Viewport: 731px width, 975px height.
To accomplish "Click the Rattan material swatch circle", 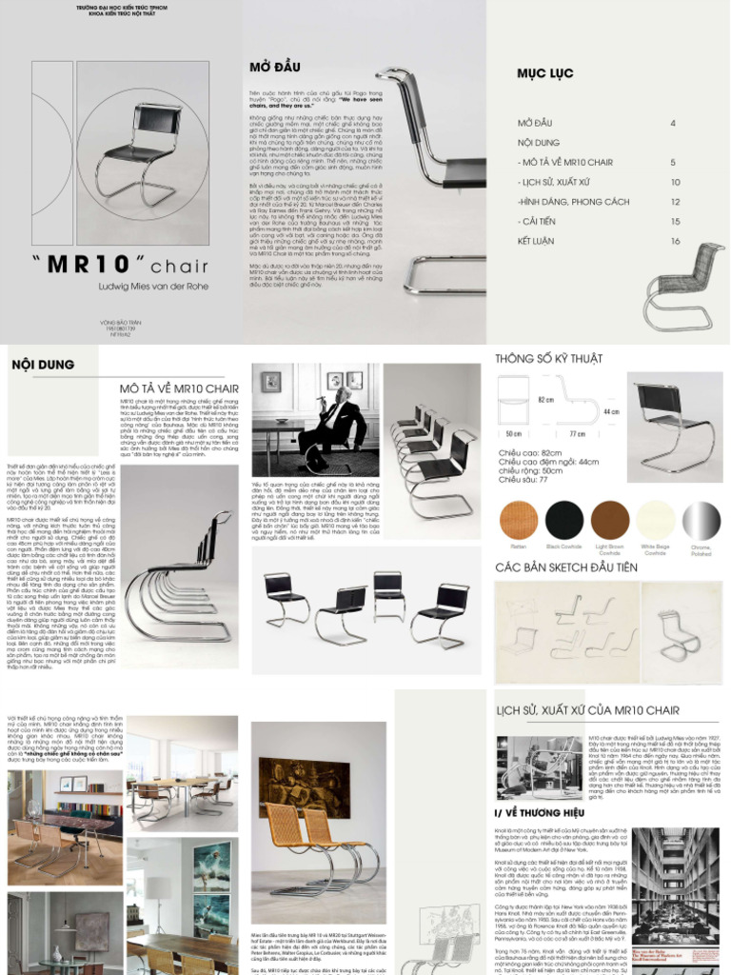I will point(519,520).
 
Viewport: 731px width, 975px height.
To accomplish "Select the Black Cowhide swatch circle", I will point(564,520).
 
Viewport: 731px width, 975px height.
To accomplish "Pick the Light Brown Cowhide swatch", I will point(610,520).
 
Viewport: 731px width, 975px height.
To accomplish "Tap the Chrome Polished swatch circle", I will point(702,520).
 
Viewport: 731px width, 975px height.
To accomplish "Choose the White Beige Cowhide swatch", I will point(656,520).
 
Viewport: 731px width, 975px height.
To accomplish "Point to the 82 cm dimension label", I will point(546,400).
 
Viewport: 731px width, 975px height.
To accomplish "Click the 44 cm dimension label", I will point(611,412).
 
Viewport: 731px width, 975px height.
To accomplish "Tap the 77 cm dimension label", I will point(577,433).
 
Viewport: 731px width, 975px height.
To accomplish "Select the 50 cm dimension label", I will point(514,433).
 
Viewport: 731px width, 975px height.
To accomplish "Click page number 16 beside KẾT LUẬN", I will point(675,241).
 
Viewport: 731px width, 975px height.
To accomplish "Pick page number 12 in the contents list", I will point(675,202).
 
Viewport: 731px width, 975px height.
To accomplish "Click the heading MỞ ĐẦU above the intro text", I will point(274,68).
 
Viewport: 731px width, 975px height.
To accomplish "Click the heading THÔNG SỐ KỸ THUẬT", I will point(548,358).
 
